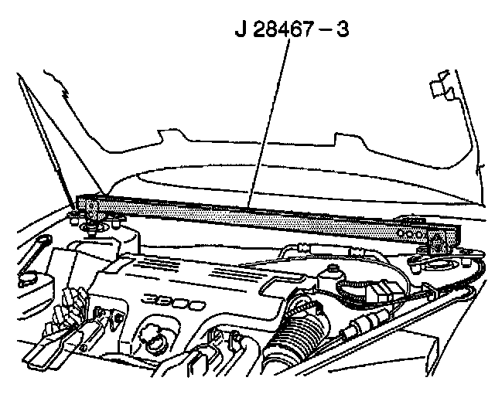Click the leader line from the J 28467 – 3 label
271,124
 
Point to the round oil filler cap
149,338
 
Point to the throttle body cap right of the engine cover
334,275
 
